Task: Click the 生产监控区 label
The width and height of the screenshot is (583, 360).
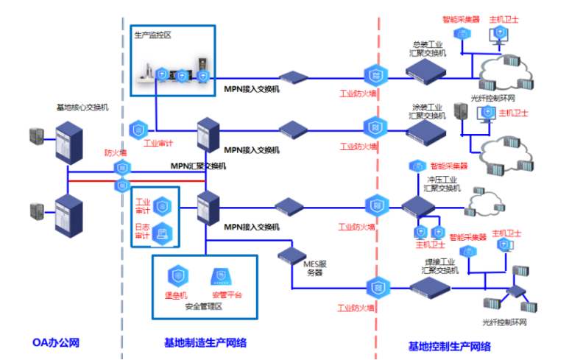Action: pos(152,35)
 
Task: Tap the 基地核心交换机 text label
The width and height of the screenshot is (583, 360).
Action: pos(82,108)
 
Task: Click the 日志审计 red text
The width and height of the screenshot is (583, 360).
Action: pos(141,232)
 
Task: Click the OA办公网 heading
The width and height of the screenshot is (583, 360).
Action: pos(55,343)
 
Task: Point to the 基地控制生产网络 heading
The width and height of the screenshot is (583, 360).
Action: pos(449,346)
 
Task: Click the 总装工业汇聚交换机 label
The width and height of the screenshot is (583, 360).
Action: pos(428,49)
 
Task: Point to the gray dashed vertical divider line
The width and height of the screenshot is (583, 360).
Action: pos(121,221)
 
